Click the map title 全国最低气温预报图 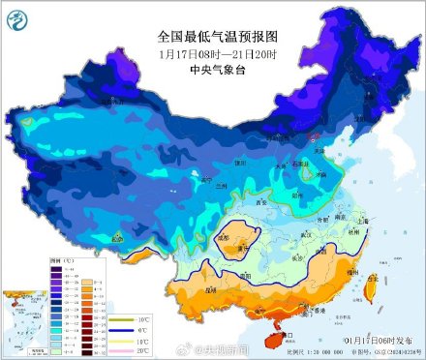[217, 38]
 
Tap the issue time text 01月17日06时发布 [382, 341]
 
